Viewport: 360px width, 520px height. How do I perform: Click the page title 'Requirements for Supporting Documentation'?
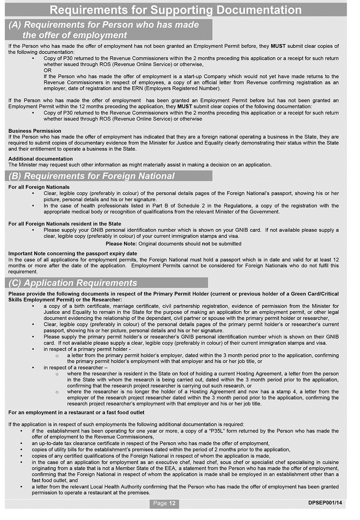click(x=176, y=10)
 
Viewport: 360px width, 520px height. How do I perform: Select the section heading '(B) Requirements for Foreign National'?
click(x=91, y=176)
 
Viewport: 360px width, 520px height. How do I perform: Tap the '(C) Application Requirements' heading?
click(x=73, y=283)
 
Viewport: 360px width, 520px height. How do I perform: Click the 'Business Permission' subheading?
click(x=35, y=131)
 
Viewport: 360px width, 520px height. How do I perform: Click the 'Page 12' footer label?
click(x=164, y=503)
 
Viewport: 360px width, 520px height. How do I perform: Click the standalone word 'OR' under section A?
click(x=47, y=71)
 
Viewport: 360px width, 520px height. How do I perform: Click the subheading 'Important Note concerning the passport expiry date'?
click(x=72, y=254)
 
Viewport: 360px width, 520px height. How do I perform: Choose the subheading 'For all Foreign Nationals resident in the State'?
click(x=65, y=224)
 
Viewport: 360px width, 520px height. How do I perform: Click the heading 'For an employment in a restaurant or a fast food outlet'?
click(x=76, y=412)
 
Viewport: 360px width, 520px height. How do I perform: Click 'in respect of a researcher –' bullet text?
click(x=76, y=368)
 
